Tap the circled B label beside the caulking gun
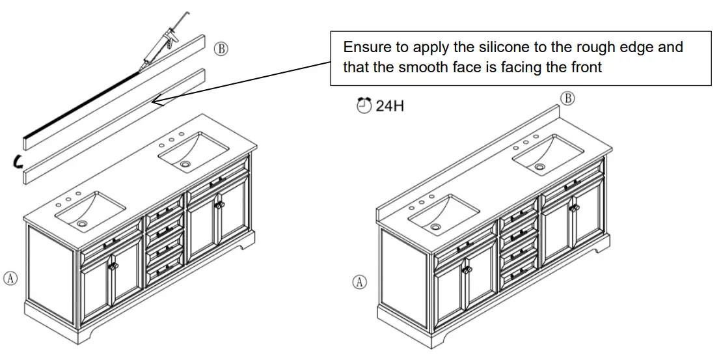(x=221, y=49)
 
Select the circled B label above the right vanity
(x=567, y=98)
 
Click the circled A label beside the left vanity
(x=10, y=278)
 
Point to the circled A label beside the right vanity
(x=359, y=282)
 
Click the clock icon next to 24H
(x=364, y=105)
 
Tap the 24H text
(x=390, y=105)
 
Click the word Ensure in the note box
(x=364, y=48)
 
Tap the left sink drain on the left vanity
(x=81, y=223)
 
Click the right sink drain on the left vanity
(x=186, y=165)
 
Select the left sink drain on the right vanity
(x=435, y=227)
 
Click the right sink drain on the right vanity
(x=539, y=167)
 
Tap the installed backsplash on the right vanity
(x=469, y=159)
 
